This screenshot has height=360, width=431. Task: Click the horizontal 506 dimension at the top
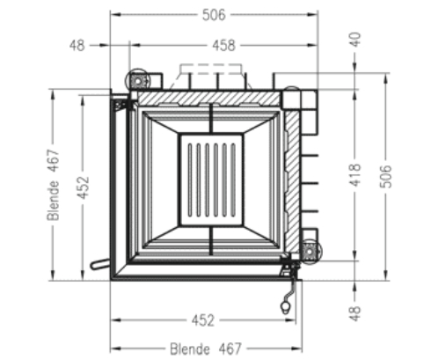[214, 14]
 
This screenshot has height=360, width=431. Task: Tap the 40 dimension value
[355, 40]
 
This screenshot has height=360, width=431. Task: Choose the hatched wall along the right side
[291, 176]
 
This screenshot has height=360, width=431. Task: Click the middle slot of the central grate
[208, 177]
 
